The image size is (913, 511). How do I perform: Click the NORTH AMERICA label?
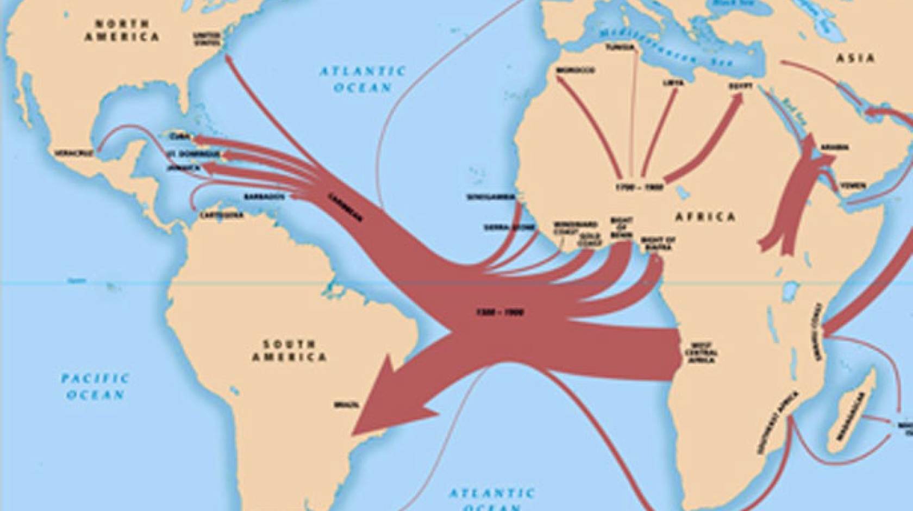pyautogui.click(x=122, y=30)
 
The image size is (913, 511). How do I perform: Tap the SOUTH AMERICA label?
pyautogui.click(x=289, y=351)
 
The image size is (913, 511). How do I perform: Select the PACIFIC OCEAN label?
pyautogui.click(x=95, y=385)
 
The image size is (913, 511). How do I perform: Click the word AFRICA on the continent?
pyautogui.click(x=705, y=217)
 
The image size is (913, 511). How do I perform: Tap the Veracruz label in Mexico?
pyautogui.click(x=74, y=153)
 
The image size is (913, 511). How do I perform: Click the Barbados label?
pyautogui.click(x=264, y=196)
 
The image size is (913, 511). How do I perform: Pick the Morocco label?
pyautogui.click(x=575, y=71)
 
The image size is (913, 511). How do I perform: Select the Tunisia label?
pyautogui.click(x=621, y=47)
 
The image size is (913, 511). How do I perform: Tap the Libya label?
pyautogui.click(x=672, y=83)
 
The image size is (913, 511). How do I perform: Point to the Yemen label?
pyautogui.click(x=853, y=186)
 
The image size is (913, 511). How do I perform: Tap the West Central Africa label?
pyautogui.click(x=701, y=352)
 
